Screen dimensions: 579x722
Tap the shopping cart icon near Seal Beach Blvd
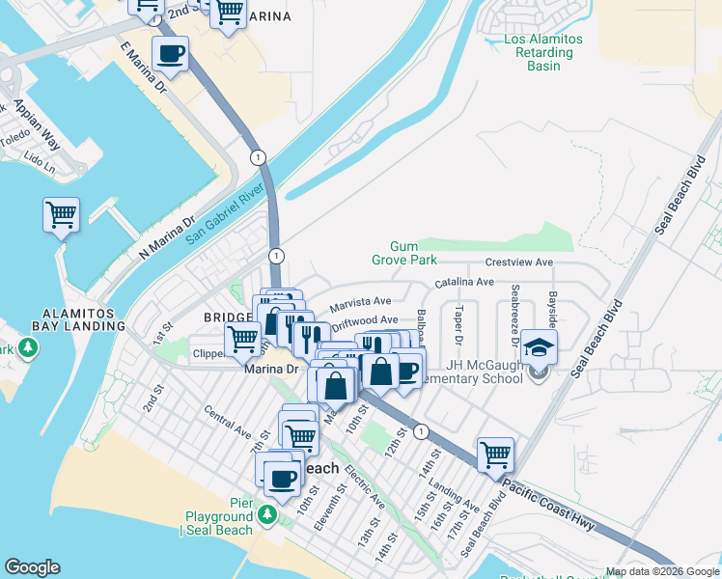(495, 454)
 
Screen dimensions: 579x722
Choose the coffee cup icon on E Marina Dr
(170, 54)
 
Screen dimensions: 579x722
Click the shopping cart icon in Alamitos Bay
(61, 214)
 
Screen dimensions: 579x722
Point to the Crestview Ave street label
(518, 262)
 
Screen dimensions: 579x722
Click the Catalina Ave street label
(463, 282)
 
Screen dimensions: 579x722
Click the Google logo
(32, 567)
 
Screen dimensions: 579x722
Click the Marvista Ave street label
(360, 303)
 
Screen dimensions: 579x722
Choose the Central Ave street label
(228, 421)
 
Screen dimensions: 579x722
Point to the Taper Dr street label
(458, 326)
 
